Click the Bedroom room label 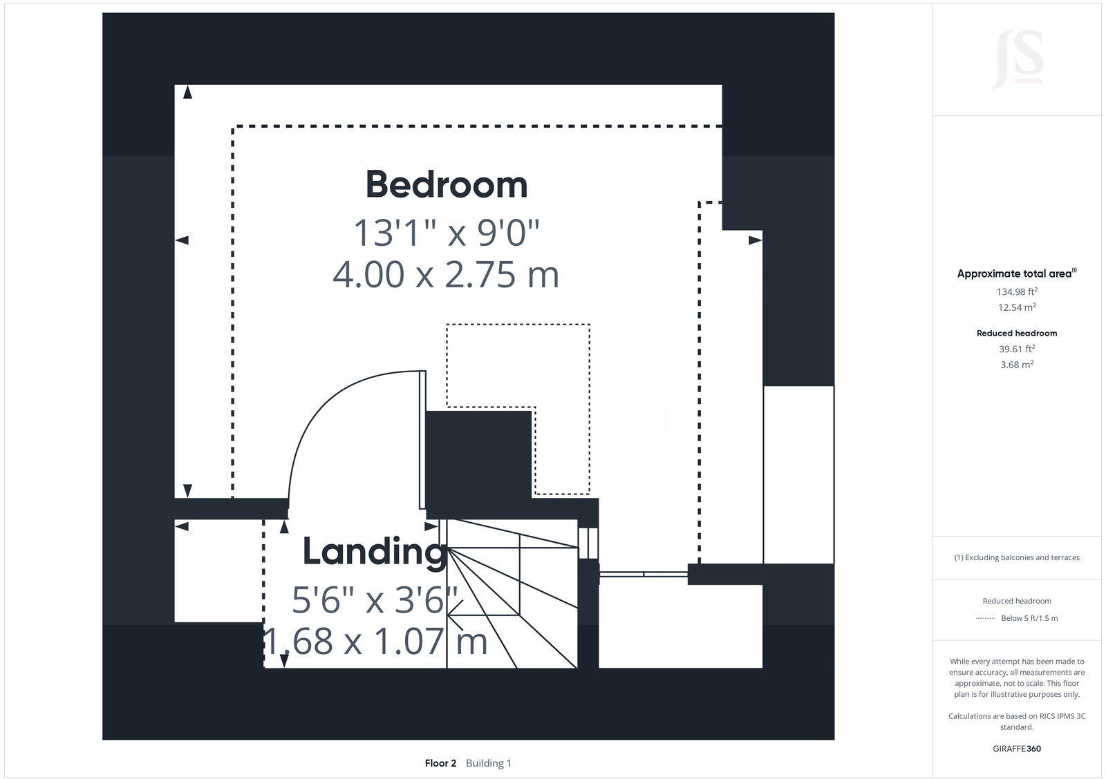[x=446, y=184]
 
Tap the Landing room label [x=374, y=551]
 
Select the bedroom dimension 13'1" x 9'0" [x=446, y=232]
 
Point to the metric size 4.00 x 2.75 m [x=446, y=274]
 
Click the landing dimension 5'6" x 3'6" [x=374, y=599]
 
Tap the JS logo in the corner [x=1017, y=60]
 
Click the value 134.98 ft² [x=1016, y=291]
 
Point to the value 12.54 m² [x=1016, y=307]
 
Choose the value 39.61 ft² [x=1016, y=349]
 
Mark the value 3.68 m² [x=1016, y=365]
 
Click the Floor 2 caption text [x=440, y=763]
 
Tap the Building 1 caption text [x=488, y=763]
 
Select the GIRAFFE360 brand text [x=1016, y=749]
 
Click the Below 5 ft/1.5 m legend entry [x=1029, y=618]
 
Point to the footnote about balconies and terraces [x=1016, y=557]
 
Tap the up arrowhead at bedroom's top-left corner [x=187, y=92]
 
